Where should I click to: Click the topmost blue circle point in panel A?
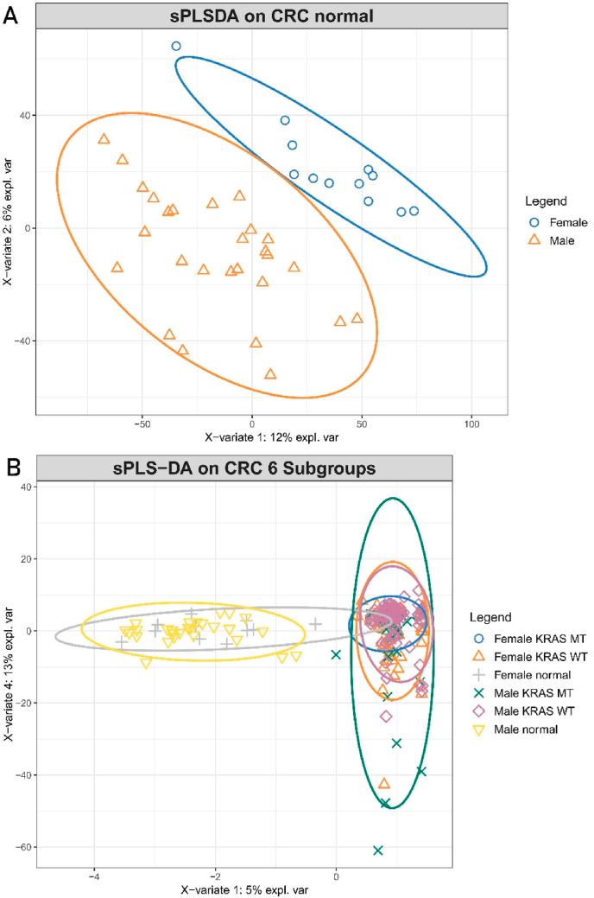click(x=176, y=46)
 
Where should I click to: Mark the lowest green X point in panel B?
click(x=377, y=850)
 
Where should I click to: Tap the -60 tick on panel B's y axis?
click(x=22, y=847)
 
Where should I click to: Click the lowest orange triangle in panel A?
click(x=270, y=374)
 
